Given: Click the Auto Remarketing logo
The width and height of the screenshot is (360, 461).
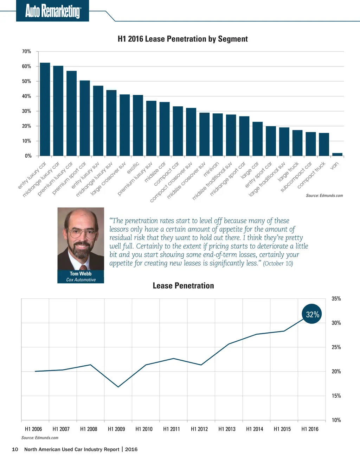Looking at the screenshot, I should [53, 11].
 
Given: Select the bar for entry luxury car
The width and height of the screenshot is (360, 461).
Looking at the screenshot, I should [45, 109].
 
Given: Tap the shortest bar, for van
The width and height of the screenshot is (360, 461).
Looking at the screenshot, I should [337, 154].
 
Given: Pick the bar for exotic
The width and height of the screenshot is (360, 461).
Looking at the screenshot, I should [138, 125].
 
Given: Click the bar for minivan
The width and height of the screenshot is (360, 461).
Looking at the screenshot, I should [218, 134].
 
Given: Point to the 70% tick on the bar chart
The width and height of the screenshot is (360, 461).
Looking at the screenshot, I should [27, 51].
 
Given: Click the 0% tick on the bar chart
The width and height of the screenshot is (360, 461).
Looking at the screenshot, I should [28, 156].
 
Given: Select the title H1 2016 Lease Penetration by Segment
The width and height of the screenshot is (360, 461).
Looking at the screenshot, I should [182, 39].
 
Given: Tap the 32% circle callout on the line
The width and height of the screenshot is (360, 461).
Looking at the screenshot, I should [312, 314].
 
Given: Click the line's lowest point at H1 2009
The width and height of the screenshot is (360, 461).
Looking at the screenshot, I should [118, 387].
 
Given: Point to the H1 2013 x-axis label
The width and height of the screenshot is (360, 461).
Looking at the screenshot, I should [227, 429].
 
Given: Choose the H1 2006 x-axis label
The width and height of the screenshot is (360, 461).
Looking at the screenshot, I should [33, 429].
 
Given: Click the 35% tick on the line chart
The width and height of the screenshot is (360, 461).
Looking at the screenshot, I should [336, 299].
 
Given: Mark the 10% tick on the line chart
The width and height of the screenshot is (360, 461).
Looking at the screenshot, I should [336, 420].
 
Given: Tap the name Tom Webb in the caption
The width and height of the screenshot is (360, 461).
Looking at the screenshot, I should [81, 273].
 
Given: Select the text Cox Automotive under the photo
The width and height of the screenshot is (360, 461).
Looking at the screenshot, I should [81, 280].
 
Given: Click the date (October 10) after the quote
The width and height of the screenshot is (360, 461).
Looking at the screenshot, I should [278, 263].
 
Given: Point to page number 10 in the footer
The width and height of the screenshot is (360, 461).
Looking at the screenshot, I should [15, 449].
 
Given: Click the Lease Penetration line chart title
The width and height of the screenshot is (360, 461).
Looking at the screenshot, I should [183, 286].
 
